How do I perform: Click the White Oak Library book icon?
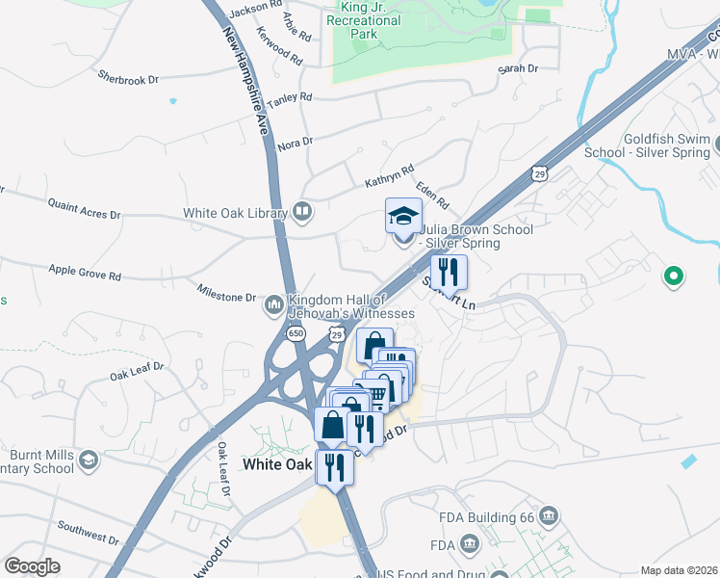tap(302, 212)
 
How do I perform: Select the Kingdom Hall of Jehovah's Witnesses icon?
tap(274, 305)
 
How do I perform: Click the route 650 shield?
tap(296, 334)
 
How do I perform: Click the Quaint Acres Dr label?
tap(84, 207)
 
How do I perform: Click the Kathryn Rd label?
tap(388, 175)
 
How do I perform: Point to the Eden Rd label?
tap(432, 195)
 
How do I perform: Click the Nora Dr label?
tap(295, 143)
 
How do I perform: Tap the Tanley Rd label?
tap(290, 99)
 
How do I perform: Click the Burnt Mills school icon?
tap(89, 461)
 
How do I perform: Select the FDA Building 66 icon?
tap(549, 516)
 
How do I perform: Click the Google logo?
tap(32, 565)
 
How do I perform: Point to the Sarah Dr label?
tap(517, 68)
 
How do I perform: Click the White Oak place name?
tap(277, 464)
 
